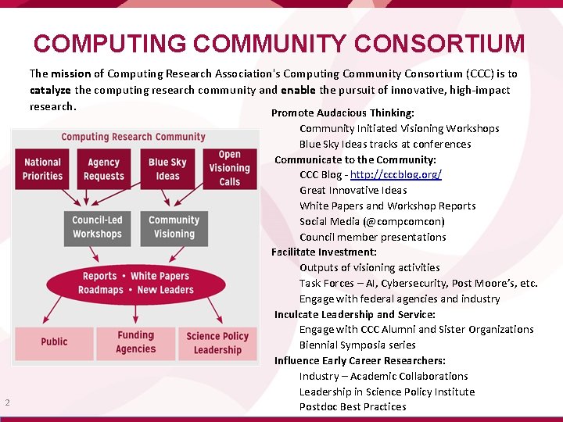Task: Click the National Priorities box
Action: coord(43,169)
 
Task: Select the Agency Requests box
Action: coord(104,169)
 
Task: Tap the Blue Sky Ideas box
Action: coord(167,169)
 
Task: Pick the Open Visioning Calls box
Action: coord(229,168)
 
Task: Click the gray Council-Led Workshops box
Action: coord(97,227)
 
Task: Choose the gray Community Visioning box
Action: coord(174,227)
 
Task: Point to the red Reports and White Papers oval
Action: coord(136,283)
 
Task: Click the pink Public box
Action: coord(54,342)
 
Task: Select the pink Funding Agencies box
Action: coord(136,342)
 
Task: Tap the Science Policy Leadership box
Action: coord(217,342)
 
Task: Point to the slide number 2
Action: coord(7,402)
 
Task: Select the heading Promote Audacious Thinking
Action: coord(342,113)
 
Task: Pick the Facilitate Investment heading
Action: coord(324,252)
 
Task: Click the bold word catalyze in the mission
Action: coord(50,90)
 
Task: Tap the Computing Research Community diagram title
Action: coord(133,137)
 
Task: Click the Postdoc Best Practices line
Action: coord(353,406)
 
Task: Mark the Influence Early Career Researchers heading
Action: coord(360,360)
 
